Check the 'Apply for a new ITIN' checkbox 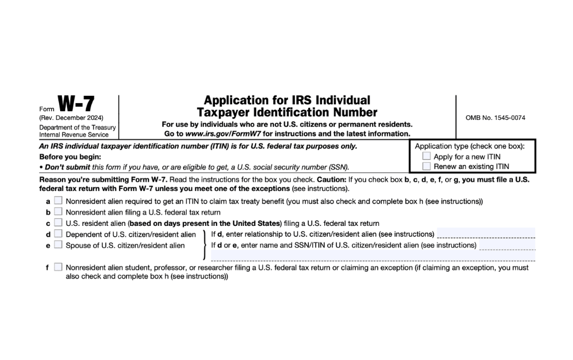pyautogui.click(x=426, y=156)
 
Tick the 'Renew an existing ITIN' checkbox pyautogui.click(x=426, y=166)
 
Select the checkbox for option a pyautogui.click(x=58, y=201)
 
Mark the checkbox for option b pyautogui.click(x=58, y=212)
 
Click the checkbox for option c pyautogui.click(x=58, y=222)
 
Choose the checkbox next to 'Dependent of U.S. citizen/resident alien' pyautogui.click(x=58, y=234)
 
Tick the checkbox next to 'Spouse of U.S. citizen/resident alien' pyautogui.click(x=58, y=245)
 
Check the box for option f pyautogui.click(x=58, y=267)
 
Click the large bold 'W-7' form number pyautogui.click(x=76, y=105)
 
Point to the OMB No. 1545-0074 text pyautogui.click(x=496, y=118)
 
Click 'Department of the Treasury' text pyautogui.click(x=77, y=127)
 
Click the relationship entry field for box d pyautogui.click(x=485, y=233)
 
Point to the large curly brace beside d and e pyautogui.click(x=205, y=245)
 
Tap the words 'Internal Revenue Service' pyautogui.click(x=74, y=135)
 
